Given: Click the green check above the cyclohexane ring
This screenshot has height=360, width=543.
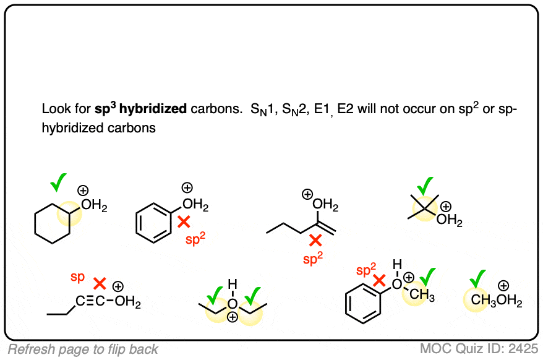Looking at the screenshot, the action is click(58, 182).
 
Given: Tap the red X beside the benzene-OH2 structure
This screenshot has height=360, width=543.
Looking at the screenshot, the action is click(184, 221).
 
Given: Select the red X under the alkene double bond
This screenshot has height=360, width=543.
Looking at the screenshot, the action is click(315, 240).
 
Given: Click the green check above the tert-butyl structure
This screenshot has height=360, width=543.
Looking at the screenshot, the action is click(425, 186).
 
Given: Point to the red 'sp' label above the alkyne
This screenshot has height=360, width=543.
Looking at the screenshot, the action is click(77, 277).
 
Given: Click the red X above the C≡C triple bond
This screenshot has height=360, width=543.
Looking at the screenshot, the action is click(100, 284).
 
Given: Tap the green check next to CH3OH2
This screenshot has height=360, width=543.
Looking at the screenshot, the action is click(477, 279).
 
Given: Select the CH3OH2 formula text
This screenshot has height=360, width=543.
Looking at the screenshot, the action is click(496, 301).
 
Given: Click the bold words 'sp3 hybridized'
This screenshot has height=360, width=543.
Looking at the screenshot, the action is click(140, 108).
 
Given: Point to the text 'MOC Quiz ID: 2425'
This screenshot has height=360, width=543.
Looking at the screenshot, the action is click(479, 349).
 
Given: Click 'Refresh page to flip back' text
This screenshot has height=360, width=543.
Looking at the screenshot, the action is click(83, 349).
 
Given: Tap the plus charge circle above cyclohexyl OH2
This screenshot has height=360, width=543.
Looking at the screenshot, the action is click(83, 191).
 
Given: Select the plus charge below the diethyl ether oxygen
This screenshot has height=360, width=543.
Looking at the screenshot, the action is click(233, 317).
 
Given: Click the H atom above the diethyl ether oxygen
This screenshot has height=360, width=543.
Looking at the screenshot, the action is click(233, 285).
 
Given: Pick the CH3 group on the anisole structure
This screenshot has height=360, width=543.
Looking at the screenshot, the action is click(422, 295).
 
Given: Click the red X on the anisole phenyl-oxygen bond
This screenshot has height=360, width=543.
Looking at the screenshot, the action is click(380, 280).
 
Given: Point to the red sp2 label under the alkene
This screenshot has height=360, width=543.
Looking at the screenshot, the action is click(313, 258).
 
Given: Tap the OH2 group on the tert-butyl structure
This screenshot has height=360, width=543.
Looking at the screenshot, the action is click(449, 220).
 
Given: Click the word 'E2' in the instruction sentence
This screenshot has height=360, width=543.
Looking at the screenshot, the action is click(346, 109).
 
